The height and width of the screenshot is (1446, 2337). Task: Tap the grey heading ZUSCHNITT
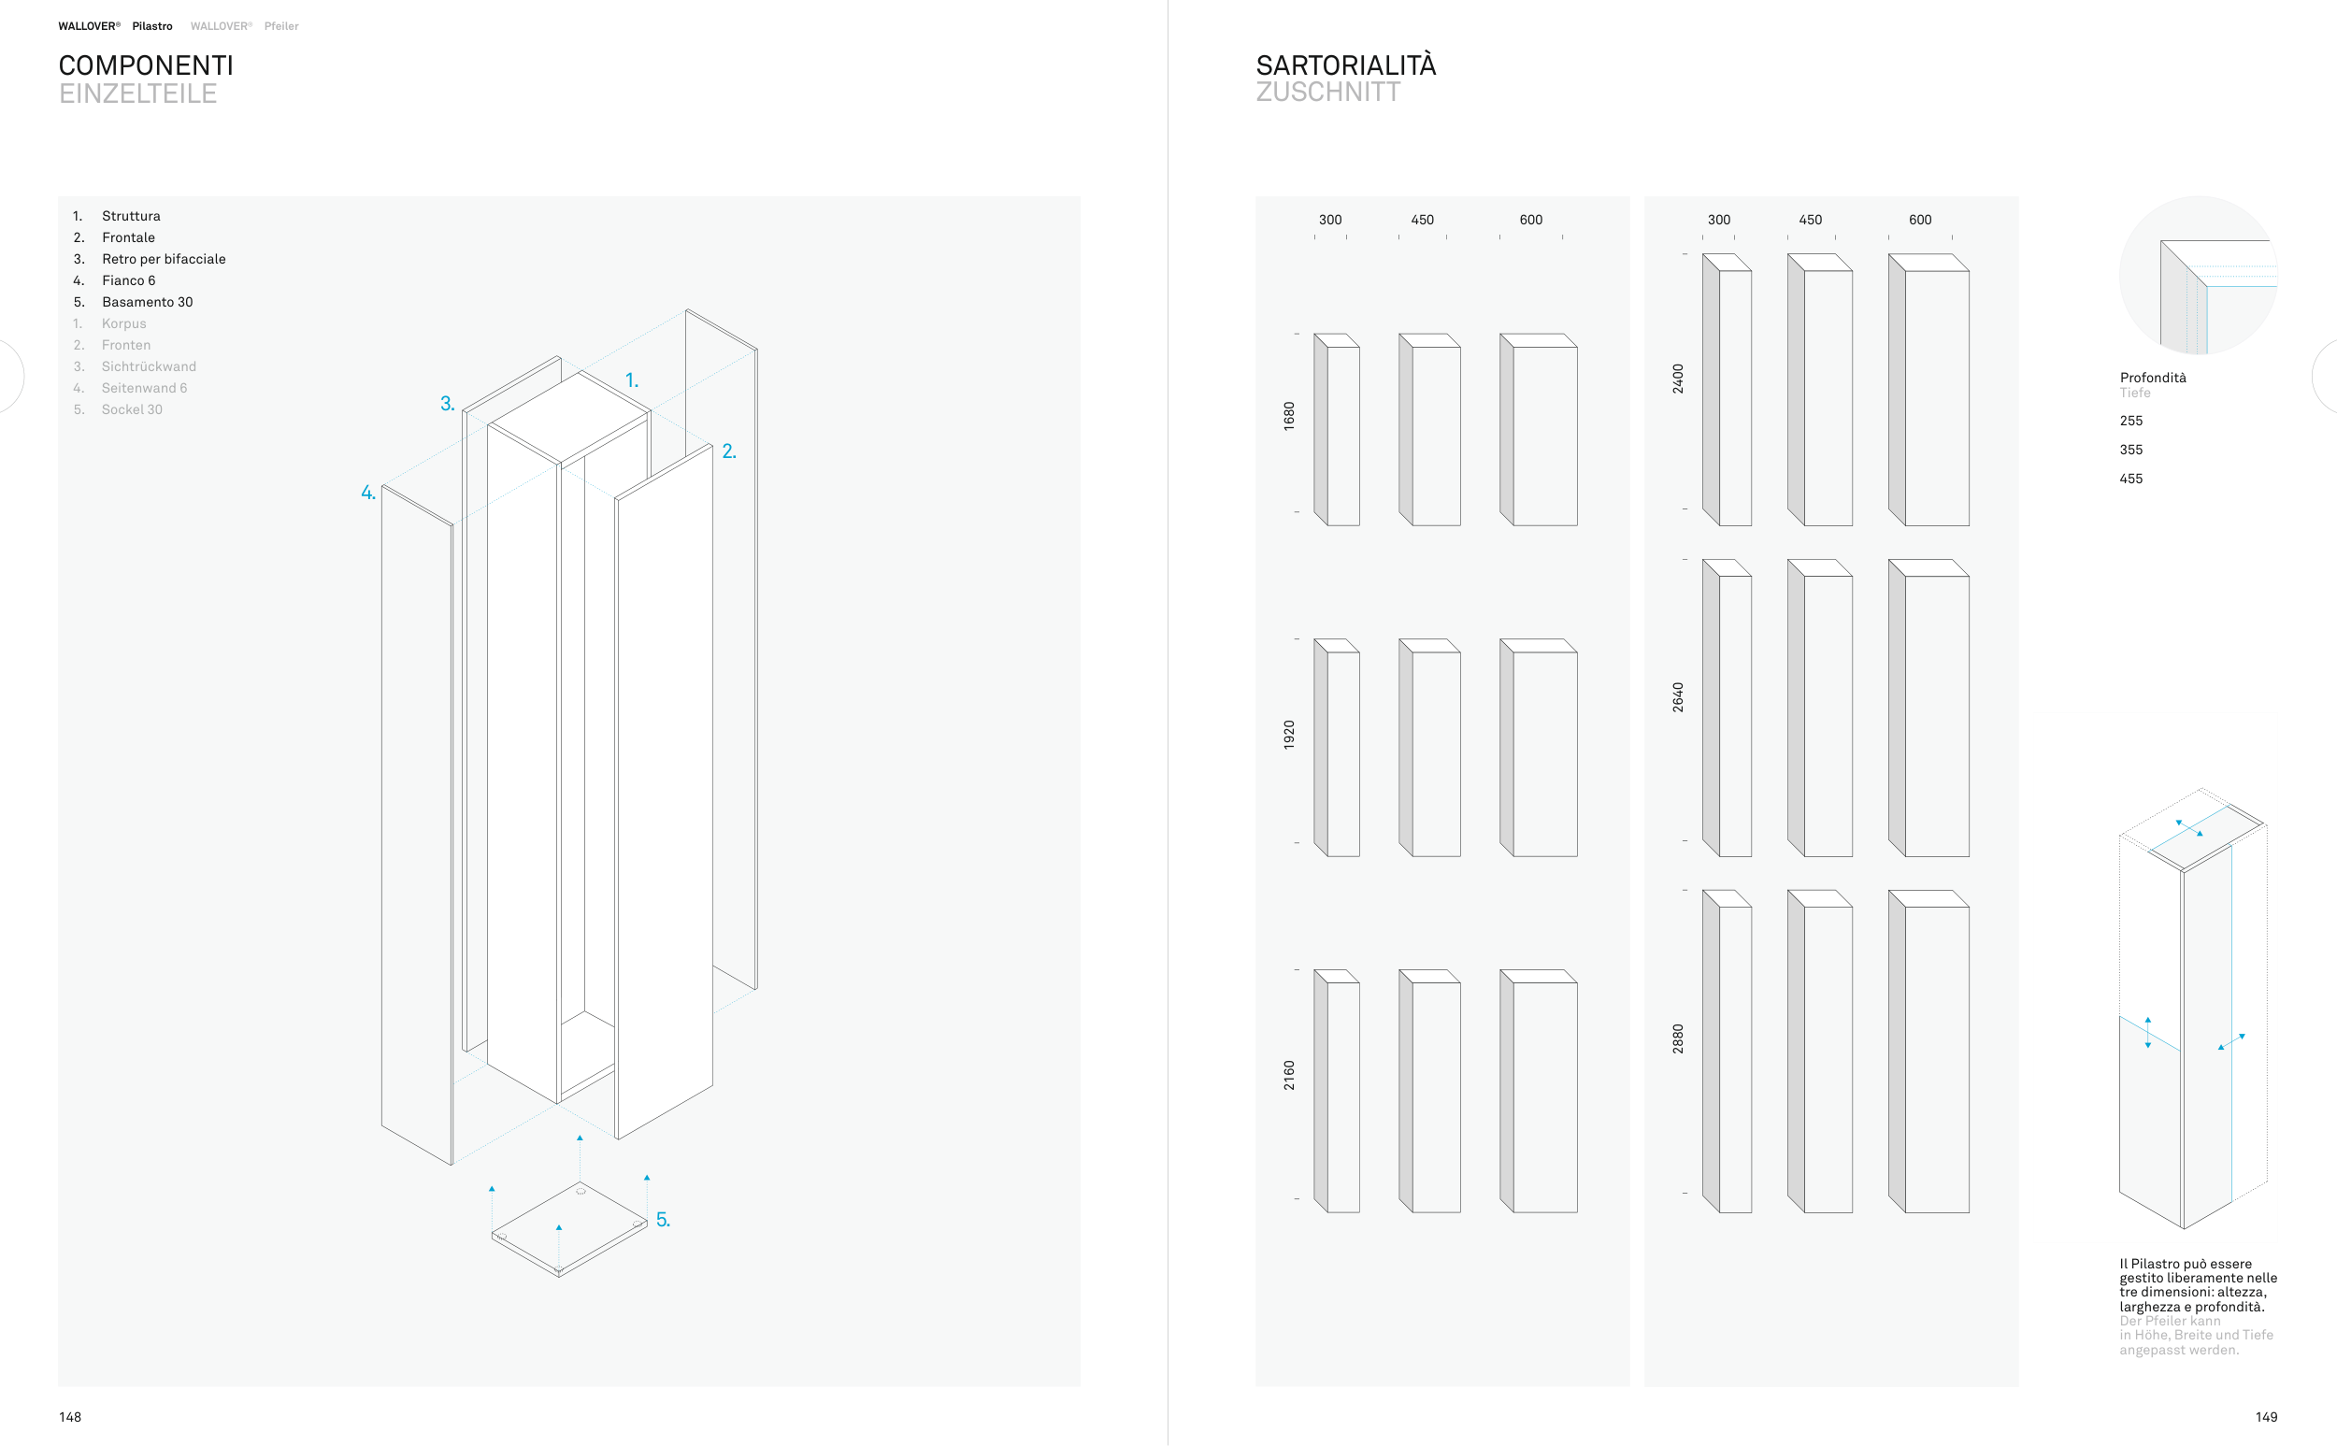click(1327, 92)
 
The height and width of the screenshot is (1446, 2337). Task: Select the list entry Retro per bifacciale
click(164, 259)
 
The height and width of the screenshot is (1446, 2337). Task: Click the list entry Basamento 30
click(148, 302)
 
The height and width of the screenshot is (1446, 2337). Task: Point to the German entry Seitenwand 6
click(143, 388)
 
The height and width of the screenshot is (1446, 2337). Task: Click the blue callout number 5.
click(663, 1221)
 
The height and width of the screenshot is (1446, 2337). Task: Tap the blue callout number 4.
click(368, 493)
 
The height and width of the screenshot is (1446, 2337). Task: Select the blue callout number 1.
click(631, 380)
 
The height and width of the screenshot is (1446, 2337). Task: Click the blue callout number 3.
click(447, 404)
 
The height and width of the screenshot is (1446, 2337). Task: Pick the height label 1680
click(1289, 416)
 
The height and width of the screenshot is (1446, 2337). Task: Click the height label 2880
click(1678, 1038)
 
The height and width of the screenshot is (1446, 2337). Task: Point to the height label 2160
click(1289, 1075)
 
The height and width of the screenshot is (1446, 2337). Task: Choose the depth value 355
click(2130, 450)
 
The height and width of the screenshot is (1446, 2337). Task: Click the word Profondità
click(2153, 378)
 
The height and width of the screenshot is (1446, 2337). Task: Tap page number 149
click(2265, 1417)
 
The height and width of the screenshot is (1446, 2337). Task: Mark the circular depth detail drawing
click(2198, 276)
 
